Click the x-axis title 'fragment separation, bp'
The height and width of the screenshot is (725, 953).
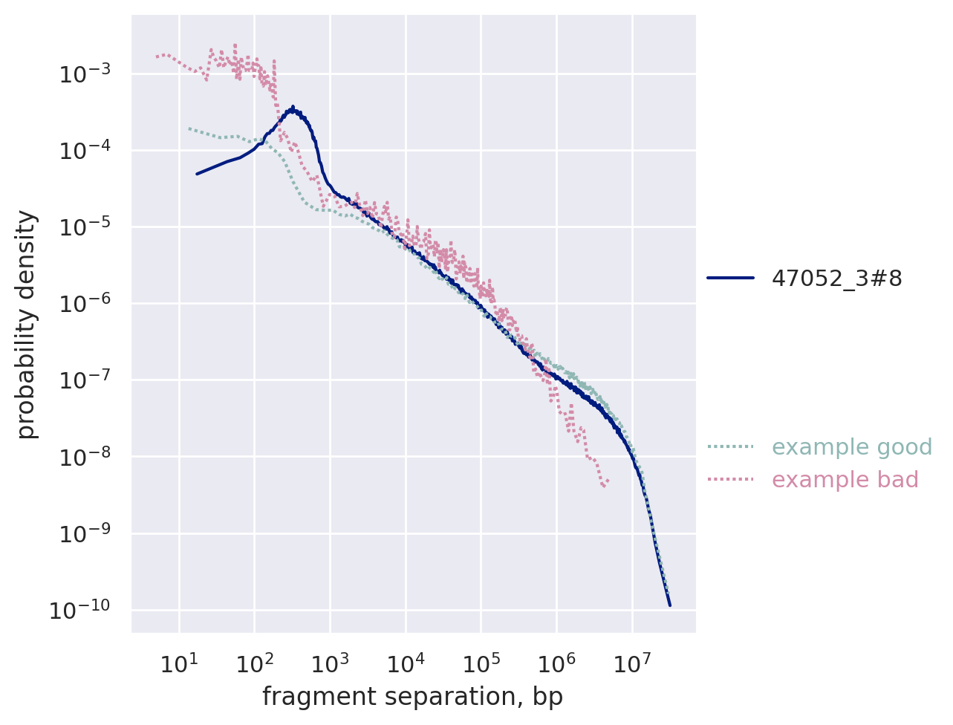coord(412,697)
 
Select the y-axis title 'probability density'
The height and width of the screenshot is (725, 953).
coord(27,324)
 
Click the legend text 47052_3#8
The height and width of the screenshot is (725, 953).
coord(837,278)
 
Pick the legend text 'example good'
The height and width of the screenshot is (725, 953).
coord(852,447)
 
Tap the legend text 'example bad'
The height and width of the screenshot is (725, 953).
coord(845,480)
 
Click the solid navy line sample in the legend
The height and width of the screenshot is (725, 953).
coord(730,278)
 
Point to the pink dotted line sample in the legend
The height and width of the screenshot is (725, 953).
coord(730,480)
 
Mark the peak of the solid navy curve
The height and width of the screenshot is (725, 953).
coord(293,108)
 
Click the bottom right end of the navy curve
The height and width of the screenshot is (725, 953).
coord(669,605)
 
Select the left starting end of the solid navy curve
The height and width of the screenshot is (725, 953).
coord(197,174)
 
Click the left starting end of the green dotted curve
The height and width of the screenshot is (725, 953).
coord(189,128)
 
